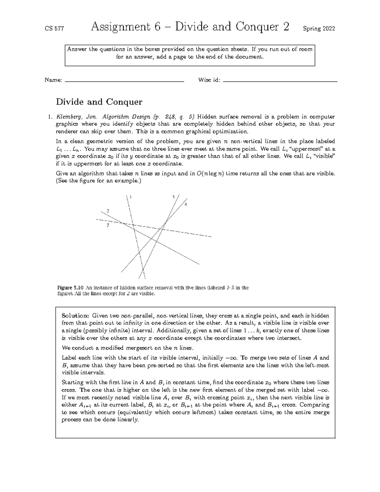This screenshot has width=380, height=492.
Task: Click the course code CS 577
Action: point(54,29)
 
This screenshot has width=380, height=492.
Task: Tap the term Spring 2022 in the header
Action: point(319,29)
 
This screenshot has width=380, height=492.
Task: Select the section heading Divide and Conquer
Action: point(99,102)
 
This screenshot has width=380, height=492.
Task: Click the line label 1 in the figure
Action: point(130,197)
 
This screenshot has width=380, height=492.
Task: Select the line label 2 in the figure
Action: point(108,211)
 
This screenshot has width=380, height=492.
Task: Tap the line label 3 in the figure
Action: point(108,225)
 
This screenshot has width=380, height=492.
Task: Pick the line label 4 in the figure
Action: point(186,204)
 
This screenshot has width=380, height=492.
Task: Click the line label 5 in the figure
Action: point(174,197)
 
